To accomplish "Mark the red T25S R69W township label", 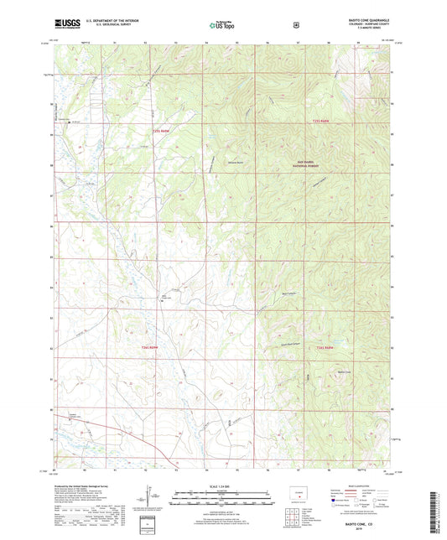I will coord(163,131).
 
